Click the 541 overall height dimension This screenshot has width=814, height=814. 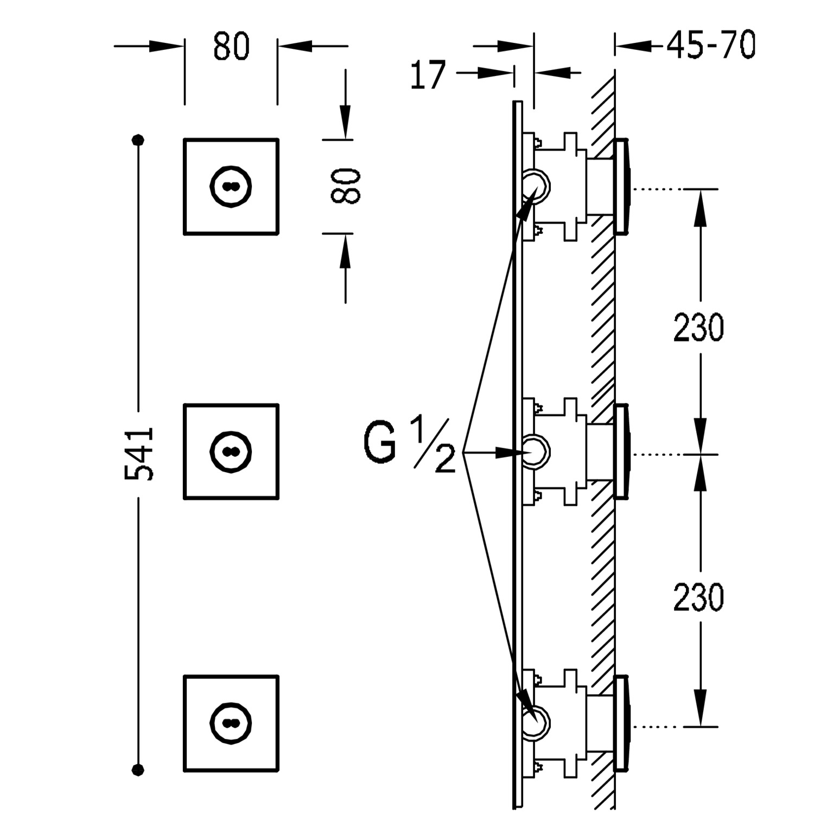pyautogui.click(x=139, y=454)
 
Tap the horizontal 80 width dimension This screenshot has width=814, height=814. pyautogui.click(x=231, y=46)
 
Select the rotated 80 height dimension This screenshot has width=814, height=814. pyautogui.click(x=345, y=186)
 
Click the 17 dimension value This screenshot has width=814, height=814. pyautogui.click(x=428, y=75)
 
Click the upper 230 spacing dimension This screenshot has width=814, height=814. pyautogui.click(x=698, y=327)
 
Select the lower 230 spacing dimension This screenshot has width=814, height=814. pyautogui.click(x=698, y=597)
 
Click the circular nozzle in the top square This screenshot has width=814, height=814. pyautogui.click(x=231, y=186)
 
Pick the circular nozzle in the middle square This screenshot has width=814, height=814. pyautogui.click(x=231, y=452)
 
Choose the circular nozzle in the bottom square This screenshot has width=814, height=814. pyautogui.click(x=231, y=723)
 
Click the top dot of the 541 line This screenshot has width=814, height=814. pyautogui.click(x=139, y=140)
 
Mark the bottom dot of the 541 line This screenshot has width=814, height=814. pyautogui.click(x=139, y=768)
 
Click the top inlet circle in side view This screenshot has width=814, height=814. pyautogui.click(x=536, y=185)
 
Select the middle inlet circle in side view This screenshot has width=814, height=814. pyautogui.click(x=536, y=451)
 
